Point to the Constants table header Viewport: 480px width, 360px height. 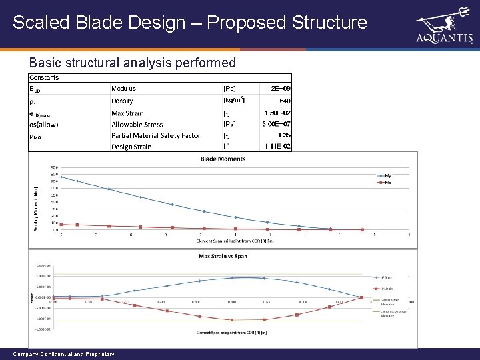click(44, 77)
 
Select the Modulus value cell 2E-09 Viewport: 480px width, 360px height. click(277, 89)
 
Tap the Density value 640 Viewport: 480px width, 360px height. click(285, 101)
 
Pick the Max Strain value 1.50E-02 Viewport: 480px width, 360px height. click(277, 113)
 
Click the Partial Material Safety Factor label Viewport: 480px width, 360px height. click(156, 135)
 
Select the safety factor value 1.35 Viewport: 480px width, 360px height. click(283, 135)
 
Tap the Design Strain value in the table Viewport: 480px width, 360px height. click(277, 147)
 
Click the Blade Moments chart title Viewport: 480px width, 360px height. click(223, 159)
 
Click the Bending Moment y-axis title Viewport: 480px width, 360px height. click(37, 199)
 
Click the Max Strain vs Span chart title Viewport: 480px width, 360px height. click(223, 256)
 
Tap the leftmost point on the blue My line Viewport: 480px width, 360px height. click(61, 177)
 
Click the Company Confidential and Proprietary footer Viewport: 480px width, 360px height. click(63, 354)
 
